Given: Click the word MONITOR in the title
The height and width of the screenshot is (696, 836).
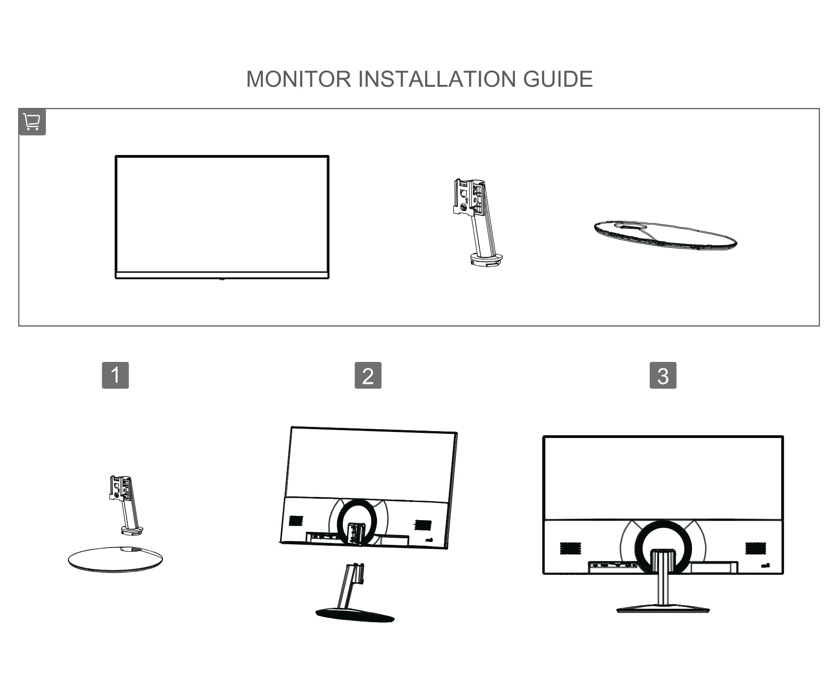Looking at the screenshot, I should point(299,79).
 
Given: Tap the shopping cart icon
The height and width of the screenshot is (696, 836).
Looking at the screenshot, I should point(32,122).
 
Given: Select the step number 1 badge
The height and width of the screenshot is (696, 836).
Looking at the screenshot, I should point(115,375).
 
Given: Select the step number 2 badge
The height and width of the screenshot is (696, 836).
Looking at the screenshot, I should point(368,375).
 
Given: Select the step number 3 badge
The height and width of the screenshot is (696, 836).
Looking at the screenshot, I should point(663,375).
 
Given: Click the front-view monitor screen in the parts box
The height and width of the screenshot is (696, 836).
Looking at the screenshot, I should point(222,213).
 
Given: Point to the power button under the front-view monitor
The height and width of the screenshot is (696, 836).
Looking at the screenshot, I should point(222,279).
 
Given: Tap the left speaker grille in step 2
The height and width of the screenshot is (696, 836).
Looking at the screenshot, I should point(296,521).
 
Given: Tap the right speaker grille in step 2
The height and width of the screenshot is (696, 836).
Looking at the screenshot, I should point(423,525).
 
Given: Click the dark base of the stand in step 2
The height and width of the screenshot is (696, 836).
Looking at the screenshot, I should point(355,615).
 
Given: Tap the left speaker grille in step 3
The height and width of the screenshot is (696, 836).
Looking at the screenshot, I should point(570,548).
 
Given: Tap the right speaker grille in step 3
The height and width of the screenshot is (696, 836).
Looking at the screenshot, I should point(756,548).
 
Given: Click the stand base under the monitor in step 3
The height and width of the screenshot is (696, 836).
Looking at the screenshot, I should point(663,609).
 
